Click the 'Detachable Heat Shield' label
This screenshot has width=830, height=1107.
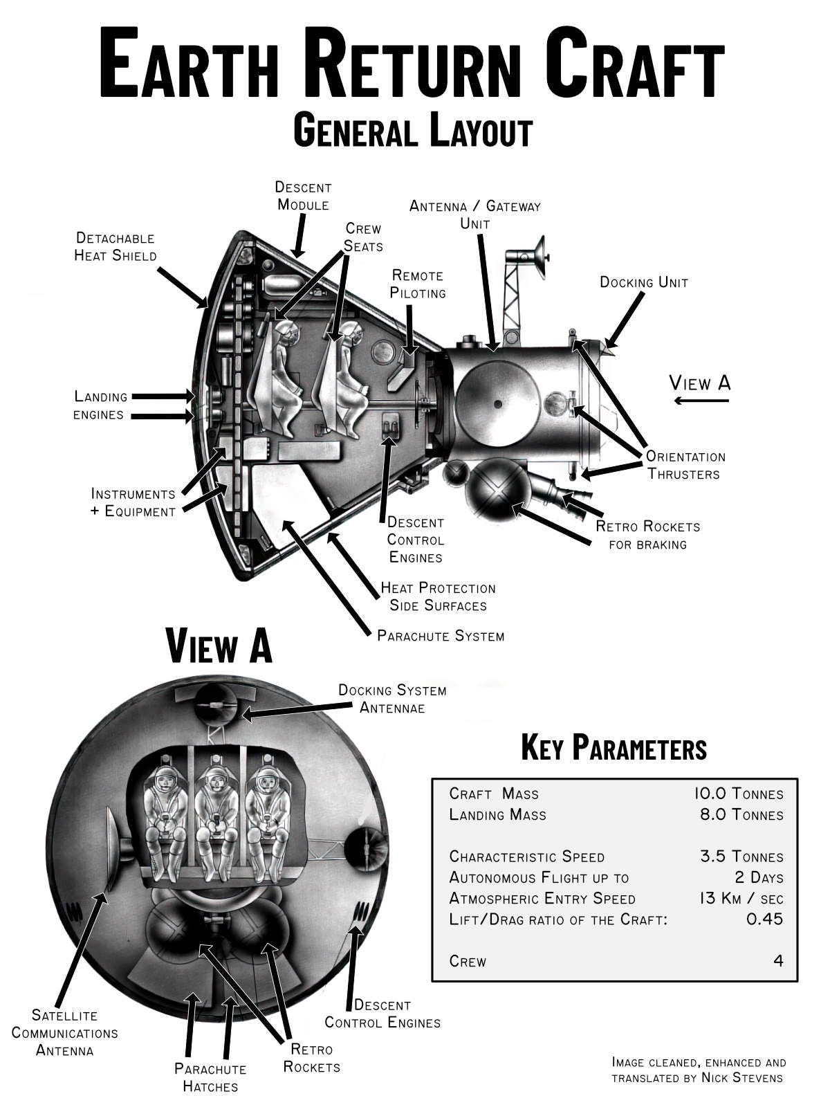pyautogui.click(x=116, y=247)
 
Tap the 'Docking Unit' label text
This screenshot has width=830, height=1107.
pyautogui.click(x=643, y=282)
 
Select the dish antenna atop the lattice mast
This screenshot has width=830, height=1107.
pyautogui.click(x=539, y=250)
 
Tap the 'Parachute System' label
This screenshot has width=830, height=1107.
pyautogui.click(x=441, y=635)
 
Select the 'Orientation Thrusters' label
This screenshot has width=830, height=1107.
pyautogui.click(x=685, y=465)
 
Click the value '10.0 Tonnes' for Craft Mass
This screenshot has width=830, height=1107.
pyautogui.click(x=738, y=794)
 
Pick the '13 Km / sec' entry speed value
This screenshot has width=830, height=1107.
pyautogui.click(x=741, y=899)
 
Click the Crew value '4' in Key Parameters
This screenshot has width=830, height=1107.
pyautogui.click(x=778, y=961)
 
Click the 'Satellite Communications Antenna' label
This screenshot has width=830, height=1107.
pyautogui.click(x=64, y=1032)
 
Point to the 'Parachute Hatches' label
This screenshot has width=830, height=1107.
pyautogui.click(x=210, y=1077)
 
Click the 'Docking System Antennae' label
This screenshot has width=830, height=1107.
pyautogui.click(x=392, y=699)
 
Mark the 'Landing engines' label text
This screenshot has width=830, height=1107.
pyautogui.click(x=101, y=405)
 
